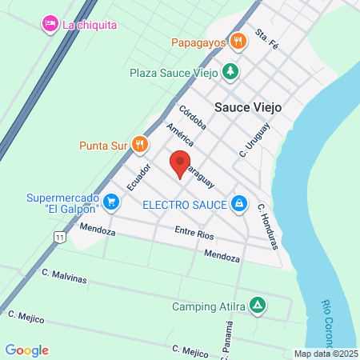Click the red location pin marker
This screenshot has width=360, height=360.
click(x=180, y=162)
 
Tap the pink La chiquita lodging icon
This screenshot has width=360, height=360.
click(x=50, y=24)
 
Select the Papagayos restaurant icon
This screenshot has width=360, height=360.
click(x=238, y=41)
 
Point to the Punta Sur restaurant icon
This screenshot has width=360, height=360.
click(x=139, y=145)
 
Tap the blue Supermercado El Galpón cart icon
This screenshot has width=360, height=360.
click(x=110, y=204)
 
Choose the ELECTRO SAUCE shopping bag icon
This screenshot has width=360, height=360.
click(x=238, y=204)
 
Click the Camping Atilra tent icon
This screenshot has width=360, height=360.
click(x=257, y=306)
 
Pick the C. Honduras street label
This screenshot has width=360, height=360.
click(x=268, y=226)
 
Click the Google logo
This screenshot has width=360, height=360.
click(x=26, y=350)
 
